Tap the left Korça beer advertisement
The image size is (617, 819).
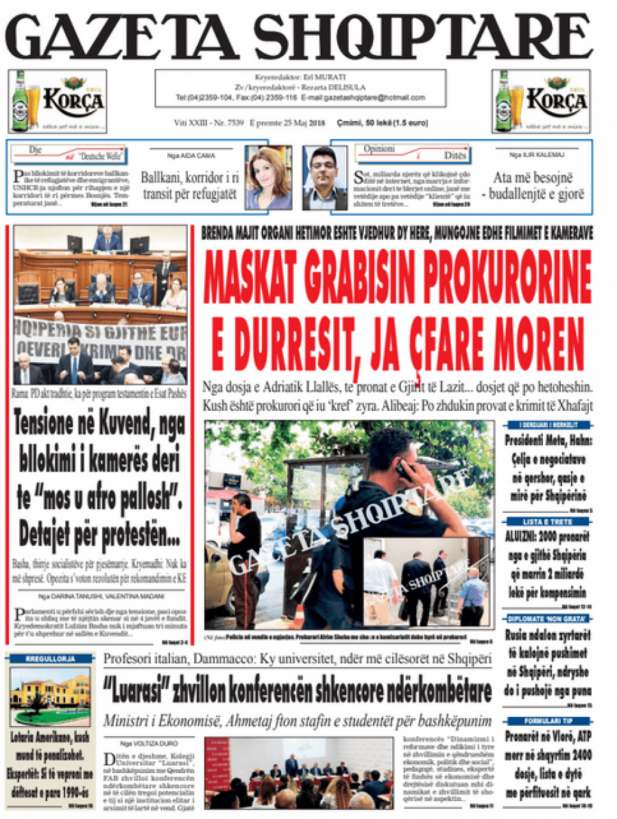tap(58, 101)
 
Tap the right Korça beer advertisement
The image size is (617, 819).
tap(540, 101)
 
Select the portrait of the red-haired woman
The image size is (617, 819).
tap(269, 177)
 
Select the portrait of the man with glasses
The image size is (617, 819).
tap(325, 177)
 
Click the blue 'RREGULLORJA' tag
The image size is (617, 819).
tap(49, 659)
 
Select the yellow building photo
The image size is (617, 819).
tap(50, 695)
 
